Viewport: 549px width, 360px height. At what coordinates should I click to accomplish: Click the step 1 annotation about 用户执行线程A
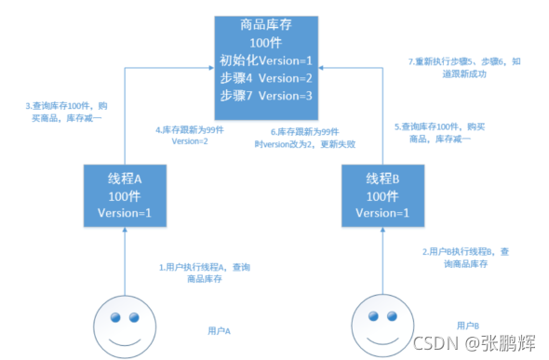[x=204, y=272]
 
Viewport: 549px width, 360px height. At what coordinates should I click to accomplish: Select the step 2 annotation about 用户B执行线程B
[x=464, y=258]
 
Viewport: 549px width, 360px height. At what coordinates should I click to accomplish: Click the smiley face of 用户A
[x=125, y=326]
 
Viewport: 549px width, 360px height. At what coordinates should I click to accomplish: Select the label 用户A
[x=220, y=329]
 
